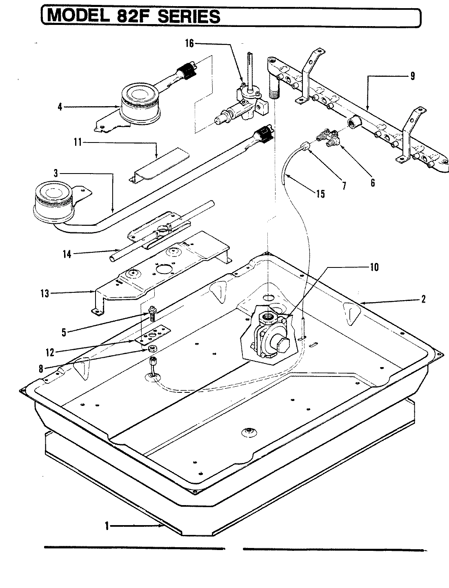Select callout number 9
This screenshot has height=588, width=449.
[x=412, y=75]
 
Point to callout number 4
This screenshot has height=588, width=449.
[x=60, y=107]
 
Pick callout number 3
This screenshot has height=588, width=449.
[x=61, y=173]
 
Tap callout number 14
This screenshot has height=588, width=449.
[x=67, y=254]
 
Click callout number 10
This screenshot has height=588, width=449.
[x=374, y=267]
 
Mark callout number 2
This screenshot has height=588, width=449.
[x=423, y=299]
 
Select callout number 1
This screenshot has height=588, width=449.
[x=107, y=526]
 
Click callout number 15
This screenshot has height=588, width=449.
[x=320, y=194]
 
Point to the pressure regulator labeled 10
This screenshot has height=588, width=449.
[x=270, y=335]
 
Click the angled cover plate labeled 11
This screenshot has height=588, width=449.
[x=159, y=165]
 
